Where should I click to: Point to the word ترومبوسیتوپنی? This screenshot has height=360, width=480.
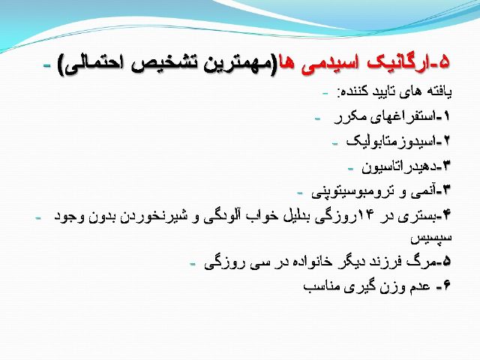click(352, 192)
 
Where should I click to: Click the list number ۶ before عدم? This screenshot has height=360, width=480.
click(447, 286)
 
